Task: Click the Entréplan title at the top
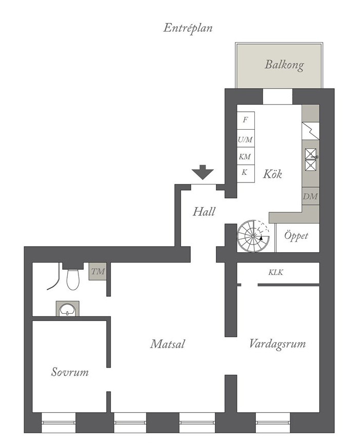(188, 29)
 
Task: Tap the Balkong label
(284, 65)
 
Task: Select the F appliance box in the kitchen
(246, 120)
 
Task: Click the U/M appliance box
(246, 138)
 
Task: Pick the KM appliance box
(246, 156)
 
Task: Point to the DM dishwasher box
(311, 196)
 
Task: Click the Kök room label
(272, 174)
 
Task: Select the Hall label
(204, 212)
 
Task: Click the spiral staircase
(253, 236)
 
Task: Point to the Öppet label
(296, 236)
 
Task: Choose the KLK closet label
(276, 272)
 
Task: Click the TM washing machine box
(98, 272)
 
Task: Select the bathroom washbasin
(67, 309)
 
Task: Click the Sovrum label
(70, 372)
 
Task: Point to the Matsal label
(168, 344)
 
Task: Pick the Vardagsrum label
(277, 344)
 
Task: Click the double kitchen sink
(311, 159)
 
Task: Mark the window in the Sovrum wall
(59, 422)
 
